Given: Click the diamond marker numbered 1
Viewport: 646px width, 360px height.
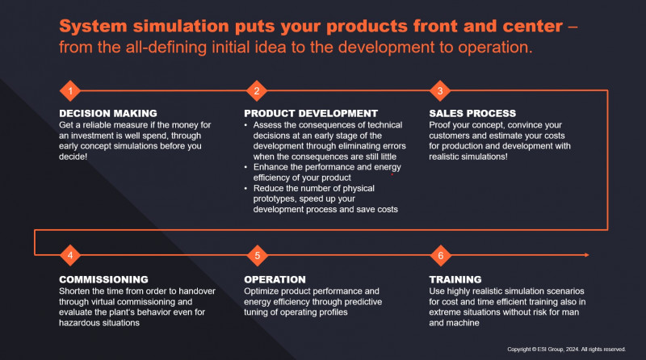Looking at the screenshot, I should pyautogui.click(x=70, y=90).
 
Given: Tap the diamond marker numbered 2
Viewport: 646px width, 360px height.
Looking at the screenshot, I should pyautogui.click(x=255, y=90).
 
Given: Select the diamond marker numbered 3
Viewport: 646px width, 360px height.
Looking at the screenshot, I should pyautogui.click(x=440, y=90).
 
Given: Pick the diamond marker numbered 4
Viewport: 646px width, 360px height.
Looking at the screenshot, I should pyautogui.click(x=70, y=256).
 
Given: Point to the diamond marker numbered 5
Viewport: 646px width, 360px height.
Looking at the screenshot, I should pyautogui.click(x=255, y=256).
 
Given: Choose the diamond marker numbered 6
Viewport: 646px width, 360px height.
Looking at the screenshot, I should pyautogui.click(x=440, y=256).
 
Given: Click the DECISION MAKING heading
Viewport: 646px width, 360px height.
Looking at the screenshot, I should pyautogui.click(x=108, y=113).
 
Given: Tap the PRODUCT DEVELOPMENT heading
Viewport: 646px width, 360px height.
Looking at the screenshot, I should pyautogui.click(x=311, y=113).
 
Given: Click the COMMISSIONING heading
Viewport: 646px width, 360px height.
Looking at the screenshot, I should pyautogui.click(x=104, y=279).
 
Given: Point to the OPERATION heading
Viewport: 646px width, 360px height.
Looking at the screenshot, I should pyautogui.click(x=275, y=279).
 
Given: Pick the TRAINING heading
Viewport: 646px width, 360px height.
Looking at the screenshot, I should pyautogui.click(x=455, y=279).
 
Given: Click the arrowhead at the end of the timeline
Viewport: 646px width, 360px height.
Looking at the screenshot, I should pyautogui.click(x=586, y=256).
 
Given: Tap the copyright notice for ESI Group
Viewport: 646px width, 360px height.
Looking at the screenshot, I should pyautogui.click(x=565, y=349).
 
